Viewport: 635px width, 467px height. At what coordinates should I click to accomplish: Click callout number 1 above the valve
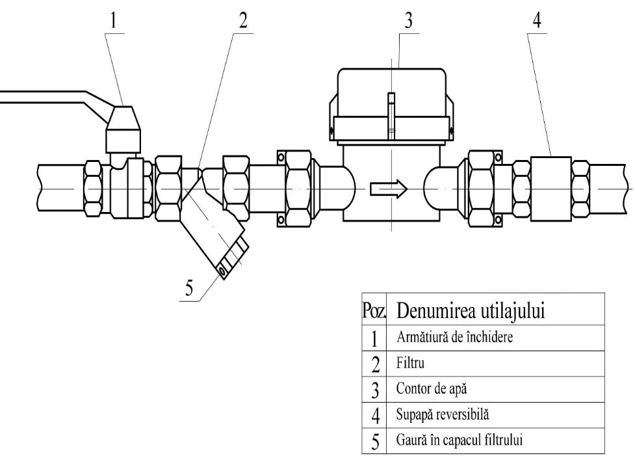(x=115, y=19)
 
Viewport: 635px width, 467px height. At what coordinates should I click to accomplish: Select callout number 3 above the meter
(x=408, y=20)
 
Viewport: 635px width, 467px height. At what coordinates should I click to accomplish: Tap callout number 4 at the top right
(x=536, y=20)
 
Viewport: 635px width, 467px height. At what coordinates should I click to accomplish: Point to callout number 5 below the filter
(x=188, y=289)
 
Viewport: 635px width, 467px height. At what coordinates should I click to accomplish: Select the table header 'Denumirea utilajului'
(x=471, y=312)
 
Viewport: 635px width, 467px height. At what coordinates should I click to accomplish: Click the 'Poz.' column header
(x=374, y=312)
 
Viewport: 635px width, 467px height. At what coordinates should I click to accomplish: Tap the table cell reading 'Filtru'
(x=409, y=363)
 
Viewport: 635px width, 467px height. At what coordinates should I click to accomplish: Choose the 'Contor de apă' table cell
(x=430, y=389)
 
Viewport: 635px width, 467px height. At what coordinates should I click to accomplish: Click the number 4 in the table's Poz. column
(x=374, y=415)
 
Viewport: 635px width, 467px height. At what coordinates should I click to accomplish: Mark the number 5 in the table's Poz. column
(x=374, y=441)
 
